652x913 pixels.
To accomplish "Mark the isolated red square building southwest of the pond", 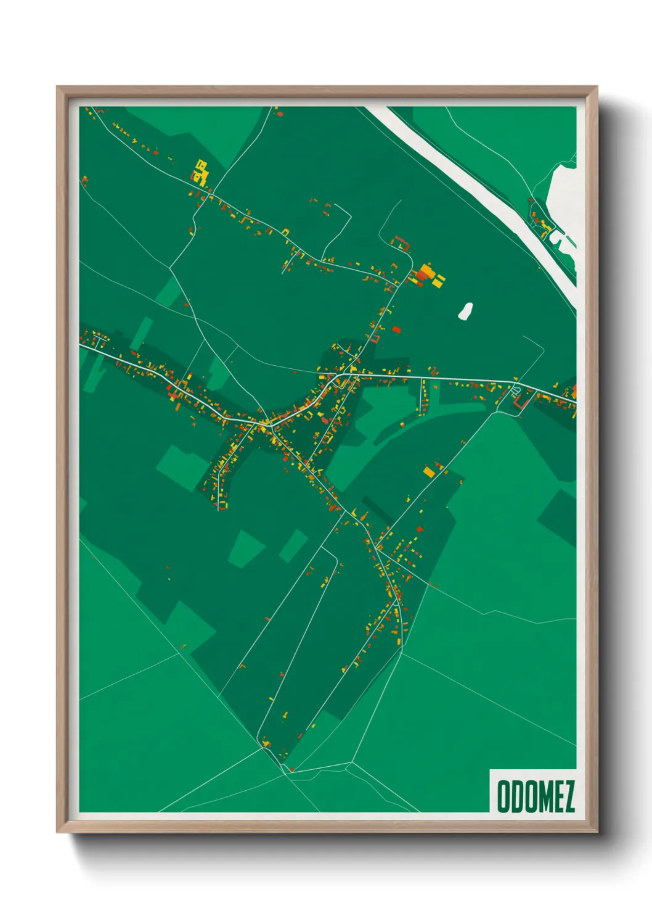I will pos(396,329).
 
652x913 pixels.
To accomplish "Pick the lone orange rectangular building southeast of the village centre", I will pos(429,472).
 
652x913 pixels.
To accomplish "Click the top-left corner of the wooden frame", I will pos(58,88).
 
